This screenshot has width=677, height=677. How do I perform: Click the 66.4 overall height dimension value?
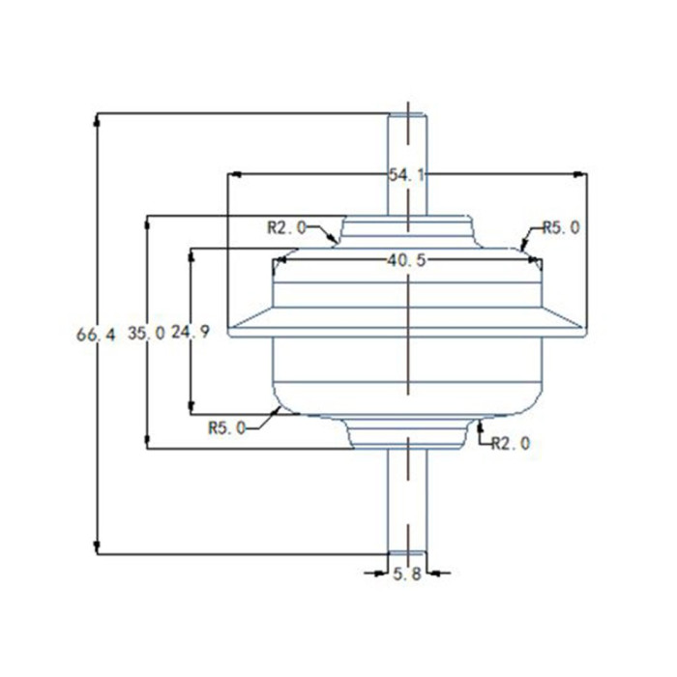pyautogui.click(x=96, y=335)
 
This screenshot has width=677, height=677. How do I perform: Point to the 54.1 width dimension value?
pyautogui.click(x=407, y=175)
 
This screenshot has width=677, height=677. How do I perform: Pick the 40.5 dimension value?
pyautogui.click(x=407, y=259)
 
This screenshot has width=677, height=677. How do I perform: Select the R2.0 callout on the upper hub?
pyautogui.click(x=286, y=227)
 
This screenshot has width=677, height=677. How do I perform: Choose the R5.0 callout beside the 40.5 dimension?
pyautogui.click(x=561, y=227)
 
